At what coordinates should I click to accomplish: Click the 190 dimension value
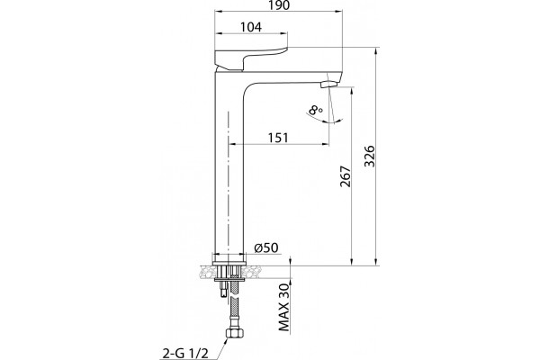point(278,4)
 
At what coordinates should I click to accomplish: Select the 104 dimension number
point(251,27)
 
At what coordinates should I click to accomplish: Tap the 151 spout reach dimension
point(278,138)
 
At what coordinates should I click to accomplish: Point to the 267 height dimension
point(345,176)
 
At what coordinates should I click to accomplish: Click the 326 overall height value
point(369,156)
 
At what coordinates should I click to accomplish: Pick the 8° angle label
point(316,110)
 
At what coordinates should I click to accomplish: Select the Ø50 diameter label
point(265,247)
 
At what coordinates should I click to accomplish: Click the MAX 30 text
point(284,307)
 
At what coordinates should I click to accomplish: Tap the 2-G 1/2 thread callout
point(185,354)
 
